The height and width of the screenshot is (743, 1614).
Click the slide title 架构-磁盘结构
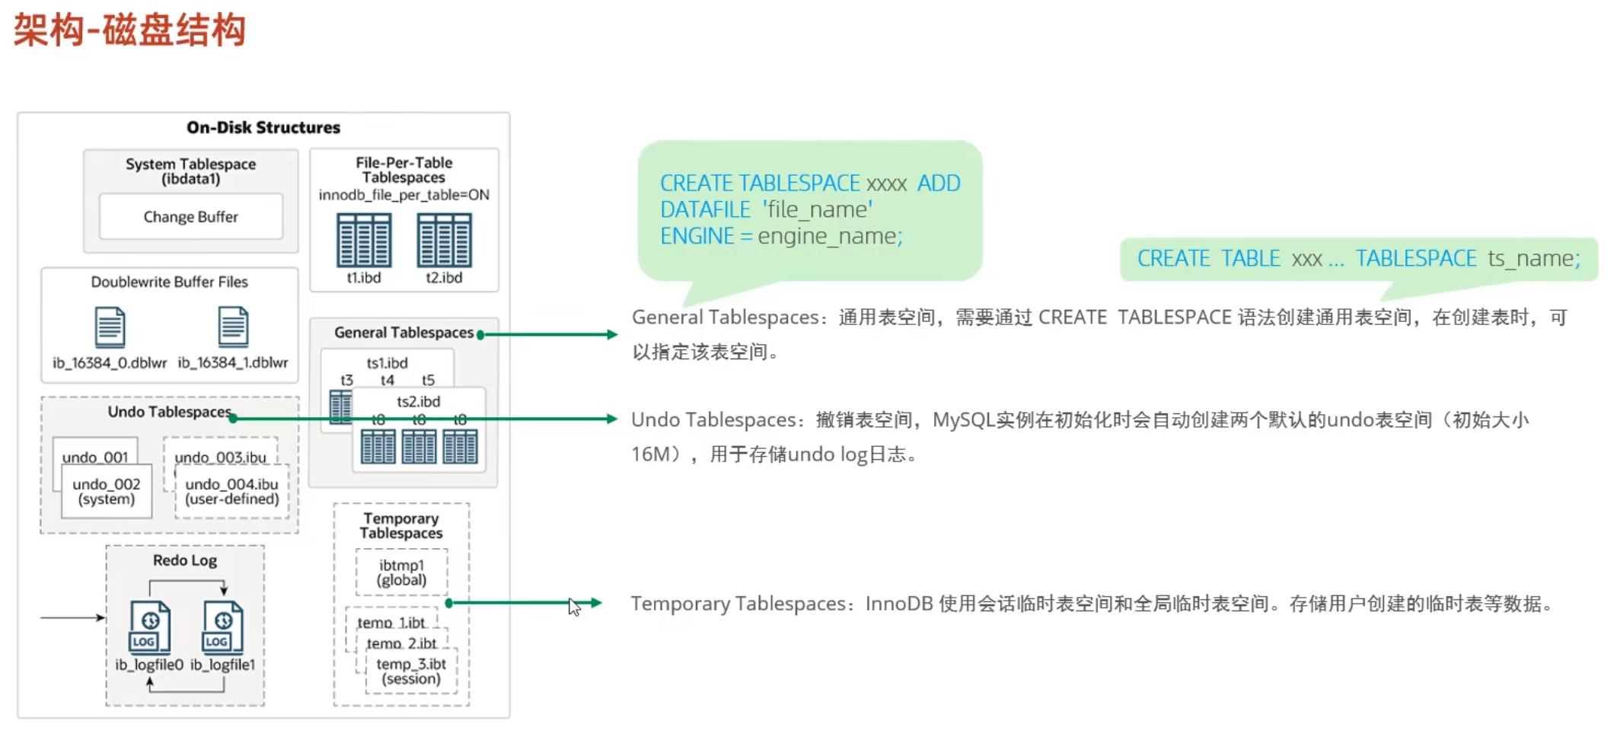[x=129, y=30]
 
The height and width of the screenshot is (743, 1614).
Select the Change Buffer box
[x=190, y=217]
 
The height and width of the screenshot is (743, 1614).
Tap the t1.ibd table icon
[x=364, y=240]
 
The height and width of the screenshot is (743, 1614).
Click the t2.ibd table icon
[x=444, y=240]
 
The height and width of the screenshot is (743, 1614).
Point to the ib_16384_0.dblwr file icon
[x=110, y=327]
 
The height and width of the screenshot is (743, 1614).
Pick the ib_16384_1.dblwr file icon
[x=233, y=327]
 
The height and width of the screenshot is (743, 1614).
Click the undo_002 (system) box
[x=107, y=492]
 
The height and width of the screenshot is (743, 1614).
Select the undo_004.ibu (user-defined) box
[x=232, y=492]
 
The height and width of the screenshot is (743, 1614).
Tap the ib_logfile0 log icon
[x=150, y=627]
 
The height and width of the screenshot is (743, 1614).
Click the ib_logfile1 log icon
[x=222, y=627]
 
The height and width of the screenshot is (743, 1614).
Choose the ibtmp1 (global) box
[x=401, y=572]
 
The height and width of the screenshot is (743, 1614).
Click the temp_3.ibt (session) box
[x=411, y=671]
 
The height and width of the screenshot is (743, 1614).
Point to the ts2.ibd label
[x=418, y=401]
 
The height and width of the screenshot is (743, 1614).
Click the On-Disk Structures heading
[x=263, y=127]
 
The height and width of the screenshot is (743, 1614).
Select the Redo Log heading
[x=185, y=560]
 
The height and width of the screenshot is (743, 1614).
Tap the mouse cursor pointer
[x=574, y=607]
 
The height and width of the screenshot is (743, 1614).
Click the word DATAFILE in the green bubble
[x=705, y=209]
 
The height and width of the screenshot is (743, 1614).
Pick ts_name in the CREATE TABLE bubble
[x=1533, y=259]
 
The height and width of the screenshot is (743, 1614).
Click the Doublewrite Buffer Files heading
[x=169, y=282]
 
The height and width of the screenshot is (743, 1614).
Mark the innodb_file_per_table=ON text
[x=403, y=195]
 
